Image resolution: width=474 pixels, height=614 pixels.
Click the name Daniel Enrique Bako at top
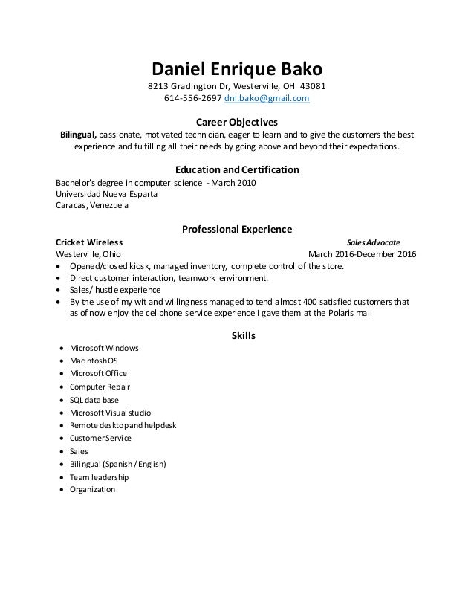[237, 70]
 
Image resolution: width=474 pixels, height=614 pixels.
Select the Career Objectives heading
[236, 121]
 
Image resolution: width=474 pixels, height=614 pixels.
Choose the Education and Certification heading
[236, 169]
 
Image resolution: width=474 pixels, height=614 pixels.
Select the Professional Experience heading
[236, 229]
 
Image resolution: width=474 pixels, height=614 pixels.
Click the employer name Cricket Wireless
[90, 242]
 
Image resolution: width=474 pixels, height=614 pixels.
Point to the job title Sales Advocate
[374, 242]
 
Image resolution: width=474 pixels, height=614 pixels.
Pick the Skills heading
[237, 335]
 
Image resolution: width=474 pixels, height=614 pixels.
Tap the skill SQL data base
[94, 399]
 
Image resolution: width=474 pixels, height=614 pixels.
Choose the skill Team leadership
[99, 476]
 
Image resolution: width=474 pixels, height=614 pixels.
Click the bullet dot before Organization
[59, 490]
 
